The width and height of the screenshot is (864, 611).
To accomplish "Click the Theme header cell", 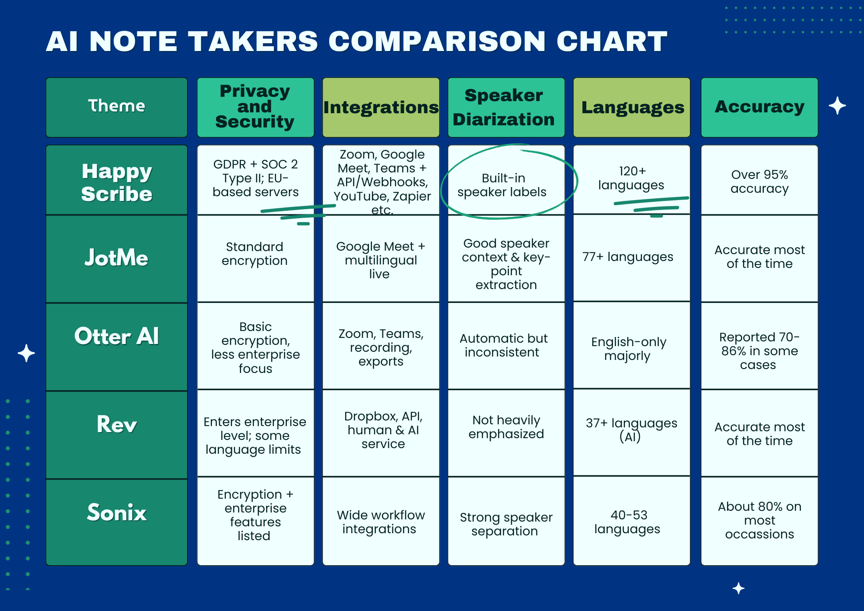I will (x=117, y=107).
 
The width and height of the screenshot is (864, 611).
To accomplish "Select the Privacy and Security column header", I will (x=255, y=107).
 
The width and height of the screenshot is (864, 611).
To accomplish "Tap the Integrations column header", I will (x=381, y=107).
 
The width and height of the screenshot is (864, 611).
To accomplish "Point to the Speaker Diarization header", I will (x=506, y=107).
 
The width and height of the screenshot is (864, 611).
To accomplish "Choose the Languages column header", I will (x=631, y=107).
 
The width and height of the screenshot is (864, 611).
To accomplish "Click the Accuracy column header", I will (x=759, y=107).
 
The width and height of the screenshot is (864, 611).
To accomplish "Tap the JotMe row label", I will (x=117, y=258).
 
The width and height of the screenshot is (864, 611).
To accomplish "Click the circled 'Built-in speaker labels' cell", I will (x=502, y=185).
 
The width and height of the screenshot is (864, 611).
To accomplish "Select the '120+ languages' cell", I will (x=631, y=178).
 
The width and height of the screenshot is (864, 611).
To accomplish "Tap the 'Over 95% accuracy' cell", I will (x=759, y=181).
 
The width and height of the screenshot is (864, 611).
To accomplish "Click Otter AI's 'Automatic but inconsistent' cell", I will (x=503, y=345).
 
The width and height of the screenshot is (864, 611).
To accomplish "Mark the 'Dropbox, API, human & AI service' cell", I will (x=383, y=430).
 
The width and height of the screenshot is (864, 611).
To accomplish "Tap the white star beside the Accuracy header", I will (x=837, y=106).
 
